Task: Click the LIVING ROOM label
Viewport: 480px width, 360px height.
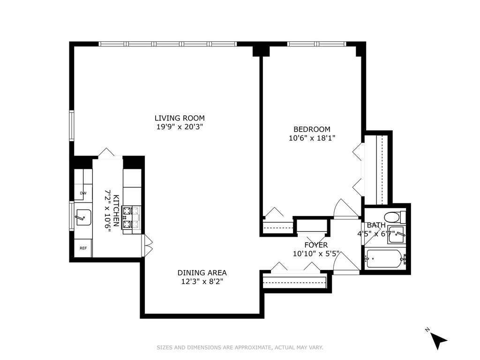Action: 180,118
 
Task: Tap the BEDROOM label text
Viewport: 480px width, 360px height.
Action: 312,129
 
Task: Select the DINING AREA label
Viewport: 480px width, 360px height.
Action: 202,273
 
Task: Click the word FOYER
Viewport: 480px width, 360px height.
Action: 316,245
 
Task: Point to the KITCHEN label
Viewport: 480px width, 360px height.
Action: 116,210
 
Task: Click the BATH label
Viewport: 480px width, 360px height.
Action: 376,225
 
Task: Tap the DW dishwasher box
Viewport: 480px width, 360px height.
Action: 83,193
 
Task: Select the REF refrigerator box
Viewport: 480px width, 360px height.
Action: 83,248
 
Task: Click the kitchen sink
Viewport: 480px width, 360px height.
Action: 83,217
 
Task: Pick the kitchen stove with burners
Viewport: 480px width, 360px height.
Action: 132,217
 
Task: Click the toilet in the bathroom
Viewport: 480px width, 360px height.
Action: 395,217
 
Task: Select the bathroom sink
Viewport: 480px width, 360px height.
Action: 397,235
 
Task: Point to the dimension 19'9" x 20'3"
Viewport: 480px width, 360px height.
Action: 180,127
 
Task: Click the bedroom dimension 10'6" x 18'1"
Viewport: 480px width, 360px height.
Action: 312,138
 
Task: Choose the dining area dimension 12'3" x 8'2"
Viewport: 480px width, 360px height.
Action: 202,282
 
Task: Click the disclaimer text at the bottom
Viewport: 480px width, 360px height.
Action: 240,347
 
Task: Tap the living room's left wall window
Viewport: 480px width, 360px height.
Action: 72,126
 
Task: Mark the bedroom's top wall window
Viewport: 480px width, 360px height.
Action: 316,44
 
